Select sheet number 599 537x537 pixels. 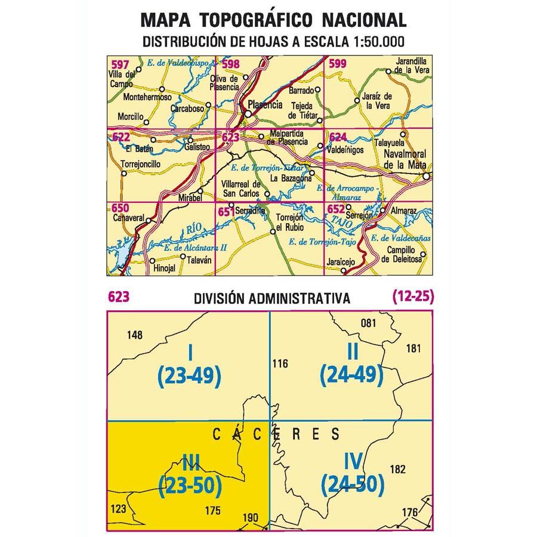click(338, 64)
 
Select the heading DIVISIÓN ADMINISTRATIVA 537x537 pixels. click(271, 298)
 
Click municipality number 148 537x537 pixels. click(135, 335)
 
